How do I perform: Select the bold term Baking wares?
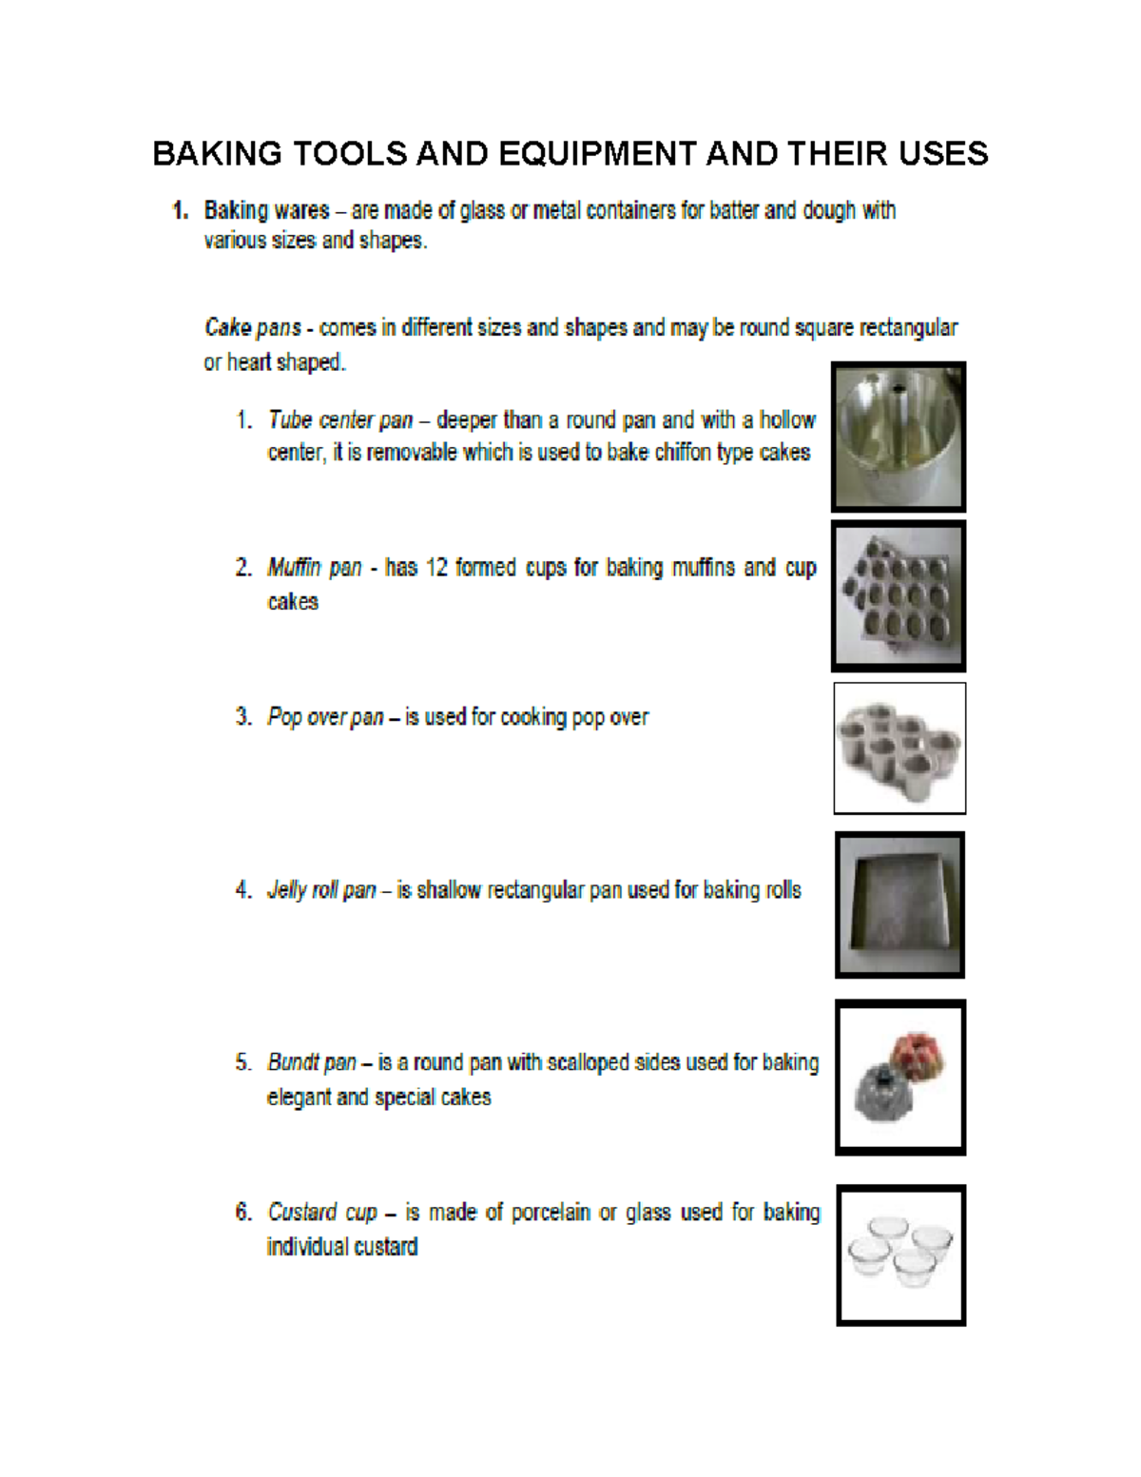pos(267,210)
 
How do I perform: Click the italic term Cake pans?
pos(252,328)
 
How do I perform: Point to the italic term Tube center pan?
pos(340,420)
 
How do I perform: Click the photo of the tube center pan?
pos(899,437)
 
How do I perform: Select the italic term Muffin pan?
pos(315,568)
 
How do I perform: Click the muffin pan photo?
pos(899,596)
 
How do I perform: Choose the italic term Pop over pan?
pos(325,717)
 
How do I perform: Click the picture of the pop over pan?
pos(899,748)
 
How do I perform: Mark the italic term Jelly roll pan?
pos(321,891)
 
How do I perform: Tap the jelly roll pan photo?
pos(899,904)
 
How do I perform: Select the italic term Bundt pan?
pos(312,1062)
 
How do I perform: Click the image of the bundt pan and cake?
pos(900,1078)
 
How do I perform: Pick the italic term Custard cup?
pos(322,1213)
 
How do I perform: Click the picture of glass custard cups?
pos(900,1254)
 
